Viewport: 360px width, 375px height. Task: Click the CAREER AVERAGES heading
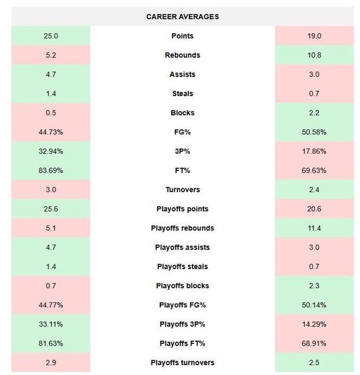(182, 17)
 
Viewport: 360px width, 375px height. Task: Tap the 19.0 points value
(314, 36)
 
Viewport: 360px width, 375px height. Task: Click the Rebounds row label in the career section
(182, 55)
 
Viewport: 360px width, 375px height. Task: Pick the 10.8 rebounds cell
(314, 55)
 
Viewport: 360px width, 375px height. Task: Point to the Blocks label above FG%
(182, 113)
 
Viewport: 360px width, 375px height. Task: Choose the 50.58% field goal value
(314, 132)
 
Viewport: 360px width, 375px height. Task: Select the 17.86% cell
(314, 151)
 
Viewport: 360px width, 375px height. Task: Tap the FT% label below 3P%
(182, 170)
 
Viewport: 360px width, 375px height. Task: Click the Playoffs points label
(182, 209)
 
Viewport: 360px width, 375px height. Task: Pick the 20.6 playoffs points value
(314, 209)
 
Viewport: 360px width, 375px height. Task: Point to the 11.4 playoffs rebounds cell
(314, 228)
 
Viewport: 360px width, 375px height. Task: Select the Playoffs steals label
(182, 266)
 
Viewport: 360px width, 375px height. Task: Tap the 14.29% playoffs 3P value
(314, 324)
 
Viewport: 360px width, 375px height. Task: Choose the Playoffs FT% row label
(182, 343)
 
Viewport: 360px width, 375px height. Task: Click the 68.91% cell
(314, 343)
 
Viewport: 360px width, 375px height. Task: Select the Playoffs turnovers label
(182, 362)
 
